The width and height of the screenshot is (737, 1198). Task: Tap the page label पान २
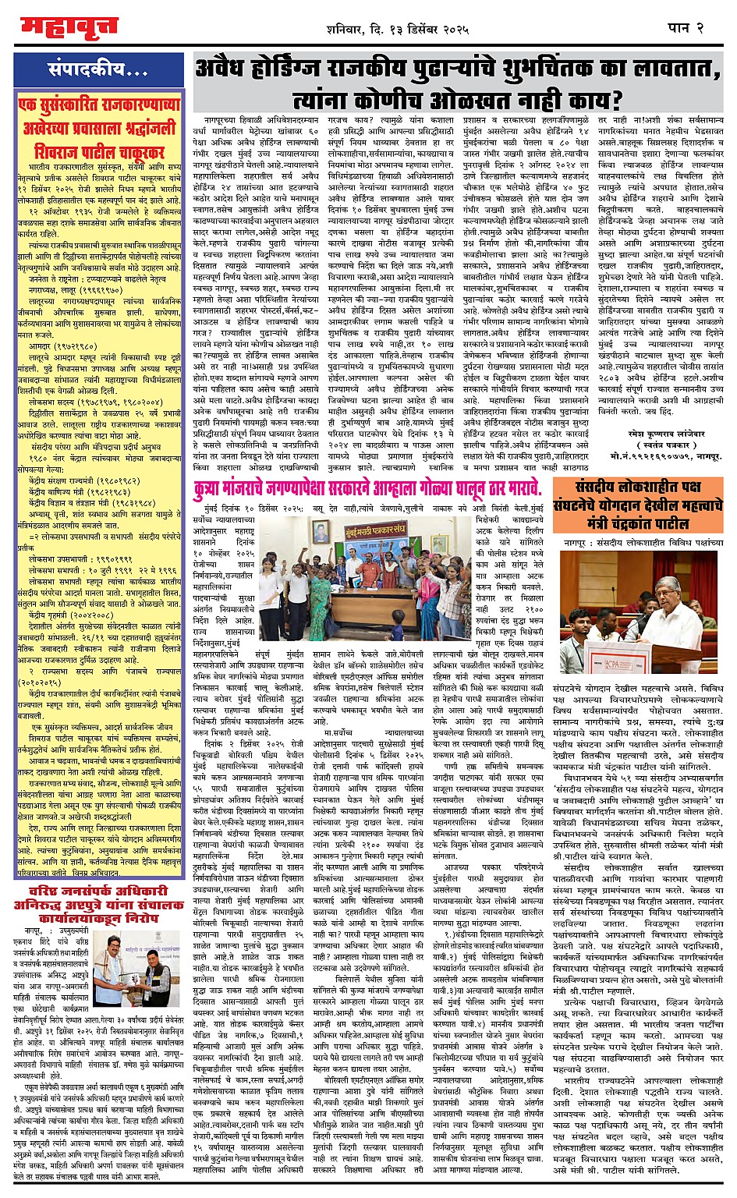pos(686,29)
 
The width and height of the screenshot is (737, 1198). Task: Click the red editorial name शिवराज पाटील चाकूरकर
pos(99,151)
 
